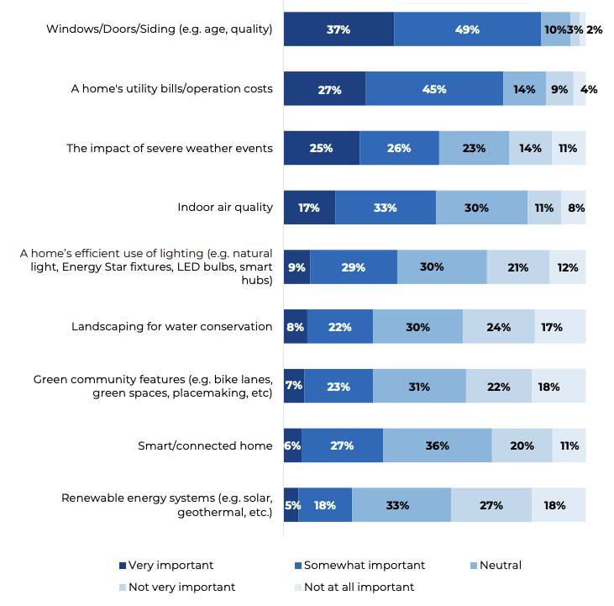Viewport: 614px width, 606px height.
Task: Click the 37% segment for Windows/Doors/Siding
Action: click(x=338, y=29)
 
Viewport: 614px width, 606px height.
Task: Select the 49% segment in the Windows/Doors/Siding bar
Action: click(x=467, y=29)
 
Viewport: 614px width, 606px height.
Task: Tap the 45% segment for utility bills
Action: click(x=434, y=89)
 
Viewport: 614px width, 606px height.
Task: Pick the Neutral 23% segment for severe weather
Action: click(x=474, y=148)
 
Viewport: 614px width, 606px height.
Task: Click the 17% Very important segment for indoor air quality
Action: click(x=309, y=208)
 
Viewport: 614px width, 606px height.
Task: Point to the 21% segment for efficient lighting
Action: click(x=517, y=267)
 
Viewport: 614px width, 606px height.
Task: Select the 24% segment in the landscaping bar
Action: click(x=498, y=327)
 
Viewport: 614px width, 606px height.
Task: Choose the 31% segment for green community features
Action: click(x=418, y=387)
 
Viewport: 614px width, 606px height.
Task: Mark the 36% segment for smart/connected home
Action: click(x=437, y=445)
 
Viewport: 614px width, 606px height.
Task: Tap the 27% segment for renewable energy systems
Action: click(x=491, y=505)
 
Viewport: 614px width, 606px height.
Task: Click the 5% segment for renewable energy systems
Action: click(x=291, y=505)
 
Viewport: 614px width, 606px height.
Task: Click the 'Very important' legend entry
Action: click(x=165, y=566)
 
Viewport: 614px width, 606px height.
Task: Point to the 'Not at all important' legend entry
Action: click(x=357, y=588)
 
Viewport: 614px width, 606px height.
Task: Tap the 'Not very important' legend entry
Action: click(x=176, y=588)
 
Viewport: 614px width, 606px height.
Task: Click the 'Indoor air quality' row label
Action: click(x=224, y=208)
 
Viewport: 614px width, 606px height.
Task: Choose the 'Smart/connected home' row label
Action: click(x=204, y=446)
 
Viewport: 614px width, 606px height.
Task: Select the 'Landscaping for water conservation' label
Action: click(x=171, y=327)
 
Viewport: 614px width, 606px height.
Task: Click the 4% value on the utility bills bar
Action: click(x=589, y=89)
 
